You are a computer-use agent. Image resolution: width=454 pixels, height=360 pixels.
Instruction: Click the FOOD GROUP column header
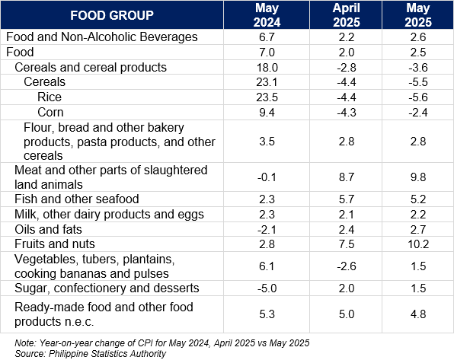pyautogui.click(x=112, y=15)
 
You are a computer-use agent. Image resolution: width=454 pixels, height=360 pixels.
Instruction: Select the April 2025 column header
pyautogui.click(x=347, y=15)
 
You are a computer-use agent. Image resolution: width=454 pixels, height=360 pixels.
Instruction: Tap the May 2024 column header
pyautogui.click(x=267, y=15)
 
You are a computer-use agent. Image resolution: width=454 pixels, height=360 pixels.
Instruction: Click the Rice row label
pyautogui.click(x=50, y=97)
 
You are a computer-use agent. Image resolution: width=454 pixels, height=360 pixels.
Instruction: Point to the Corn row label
pyautogui.click(x=50, y=113)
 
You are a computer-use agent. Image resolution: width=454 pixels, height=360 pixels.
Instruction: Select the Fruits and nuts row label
pyautogui.click(x=55, y=244)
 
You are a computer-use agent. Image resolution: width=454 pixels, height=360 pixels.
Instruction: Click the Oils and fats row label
pyautogui.click(x=48, y=229)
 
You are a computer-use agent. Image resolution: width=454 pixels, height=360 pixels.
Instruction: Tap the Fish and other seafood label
pyautogui.click(x=77, y=199)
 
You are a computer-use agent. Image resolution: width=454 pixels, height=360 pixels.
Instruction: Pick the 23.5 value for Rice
pyautogui.click(x=267, y=97)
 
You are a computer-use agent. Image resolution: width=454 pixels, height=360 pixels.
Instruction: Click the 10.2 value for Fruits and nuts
pyautogui.click(x=418, y=244)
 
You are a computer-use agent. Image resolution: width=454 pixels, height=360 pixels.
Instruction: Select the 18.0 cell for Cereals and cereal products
pyautogui.click(x=267, y=68)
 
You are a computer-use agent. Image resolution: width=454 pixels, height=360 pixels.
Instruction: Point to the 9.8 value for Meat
pyautogui.click(x=418, y=177)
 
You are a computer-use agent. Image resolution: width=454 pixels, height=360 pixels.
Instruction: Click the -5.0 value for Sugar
pyautogui.click(x=267, y=288)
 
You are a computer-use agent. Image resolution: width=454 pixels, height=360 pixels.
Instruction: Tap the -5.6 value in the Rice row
pyautogui.click(x=418, y=97)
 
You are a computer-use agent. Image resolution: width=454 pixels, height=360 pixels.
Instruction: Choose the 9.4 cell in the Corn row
pyautogui.click(x=267, y=113)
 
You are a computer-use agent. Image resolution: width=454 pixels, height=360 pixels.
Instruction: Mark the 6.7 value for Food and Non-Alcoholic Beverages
pyautogui.click(x=267, y=37)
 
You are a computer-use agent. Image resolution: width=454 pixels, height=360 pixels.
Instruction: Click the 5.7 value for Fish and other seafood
pyautogui.click(x=347, y=199)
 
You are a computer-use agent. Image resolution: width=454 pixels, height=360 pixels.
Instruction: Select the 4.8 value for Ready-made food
pyautogui.click(x=418, y=314)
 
